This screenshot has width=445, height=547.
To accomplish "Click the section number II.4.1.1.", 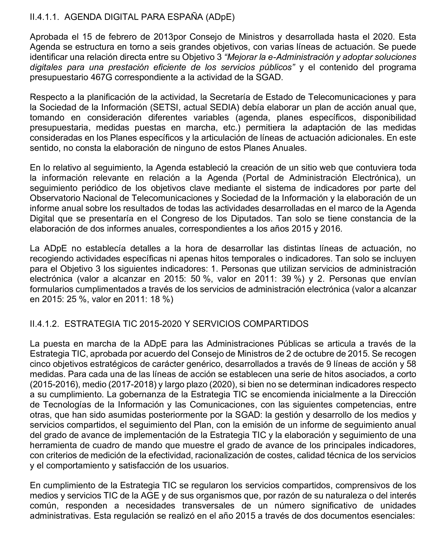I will (45, 17).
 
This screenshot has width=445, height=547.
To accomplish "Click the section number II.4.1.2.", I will (45, 324).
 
